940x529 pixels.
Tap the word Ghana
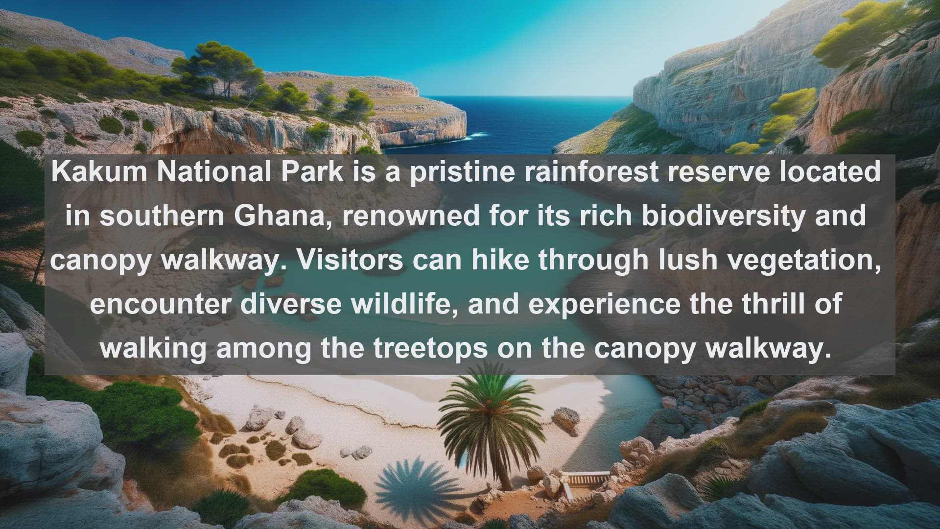pyautogui.click(x=280, y=216)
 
